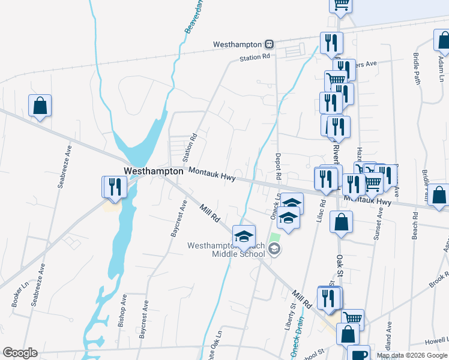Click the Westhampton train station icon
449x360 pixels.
pos(270,44)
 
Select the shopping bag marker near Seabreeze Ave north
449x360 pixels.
pos(40,106)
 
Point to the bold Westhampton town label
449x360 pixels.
pos(153,171)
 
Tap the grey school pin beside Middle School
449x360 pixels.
pos(274,249)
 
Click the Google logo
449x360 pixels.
pos(20,353)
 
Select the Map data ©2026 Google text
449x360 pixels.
pos(412,355)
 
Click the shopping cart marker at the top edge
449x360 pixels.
pos(341,5)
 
